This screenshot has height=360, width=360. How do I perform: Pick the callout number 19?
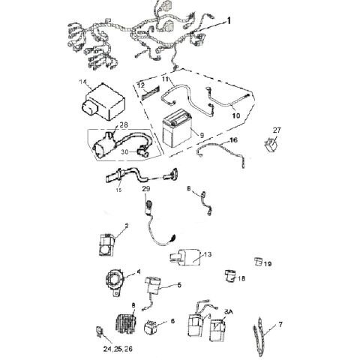[268, 264]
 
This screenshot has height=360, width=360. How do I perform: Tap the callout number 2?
[126, 225]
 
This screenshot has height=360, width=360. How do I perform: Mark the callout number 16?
[232, 140]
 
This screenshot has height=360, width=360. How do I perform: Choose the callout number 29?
[147, 190]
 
